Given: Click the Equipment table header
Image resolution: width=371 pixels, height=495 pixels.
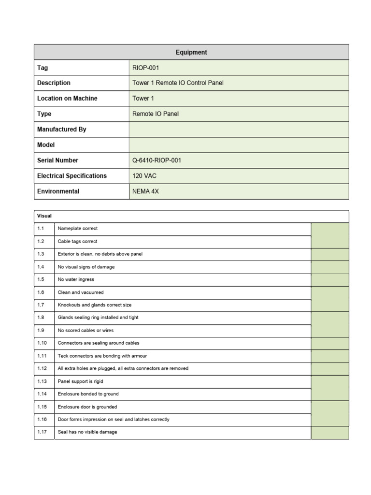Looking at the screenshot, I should coord(191,52).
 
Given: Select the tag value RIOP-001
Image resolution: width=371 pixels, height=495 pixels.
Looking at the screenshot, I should coord(145,68).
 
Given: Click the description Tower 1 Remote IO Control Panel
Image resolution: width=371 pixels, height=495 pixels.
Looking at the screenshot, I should coord(178,83).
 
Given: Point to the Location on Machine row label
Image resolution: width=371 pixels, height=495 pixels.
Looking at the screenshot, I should coord(67,99).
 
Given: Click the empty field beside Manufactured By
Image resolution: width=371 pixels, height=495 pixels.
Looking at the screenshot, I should coord(239,130).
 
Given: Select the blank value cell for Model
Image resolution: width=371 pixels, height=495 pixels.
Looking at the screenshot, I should coord(239,145).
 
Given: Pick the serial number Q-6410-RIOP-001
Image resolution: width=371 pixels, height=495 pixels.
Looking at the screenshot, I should coord(157,160).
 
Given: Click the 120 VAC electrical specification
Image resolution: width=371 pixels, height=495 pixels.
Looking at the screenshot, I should coord(144,176).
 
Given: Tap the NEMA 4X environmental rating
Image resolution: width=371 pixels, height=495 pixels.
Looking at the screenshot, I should coord(145,191).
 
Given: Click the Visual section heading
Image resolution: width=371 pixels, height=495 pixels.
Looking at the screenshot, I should coord(44,216).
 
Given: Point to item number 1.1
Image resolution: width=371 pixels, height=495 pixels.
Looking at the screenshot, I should coord(41,229).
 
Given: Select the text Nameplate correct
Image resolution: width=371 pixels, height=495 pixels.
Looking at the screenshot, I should coord(77,229).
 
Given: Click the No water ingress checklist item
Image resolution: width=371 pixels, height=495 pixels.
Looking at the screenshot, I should coord(76,280).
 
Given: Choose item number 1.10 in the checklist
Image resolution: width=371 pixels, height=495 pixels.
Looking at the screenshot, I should coord(42,343).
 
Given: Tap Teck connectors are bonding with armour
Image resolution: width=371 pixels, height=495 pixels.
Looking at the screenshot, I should coord(102,356).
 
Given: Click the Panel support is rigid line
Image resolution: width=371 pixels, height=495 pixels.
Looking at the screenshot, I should coord(80,381).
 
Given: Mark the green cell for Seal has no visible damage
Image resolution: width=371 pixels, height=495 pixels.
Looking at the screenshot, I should coord(329,433).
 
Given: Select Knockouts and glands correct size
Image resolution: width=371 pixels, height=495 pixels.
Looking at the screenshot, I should coord(94,305).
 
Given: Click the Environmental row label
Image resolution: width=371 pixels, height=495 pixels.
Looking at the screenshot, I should coord(58,191).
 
